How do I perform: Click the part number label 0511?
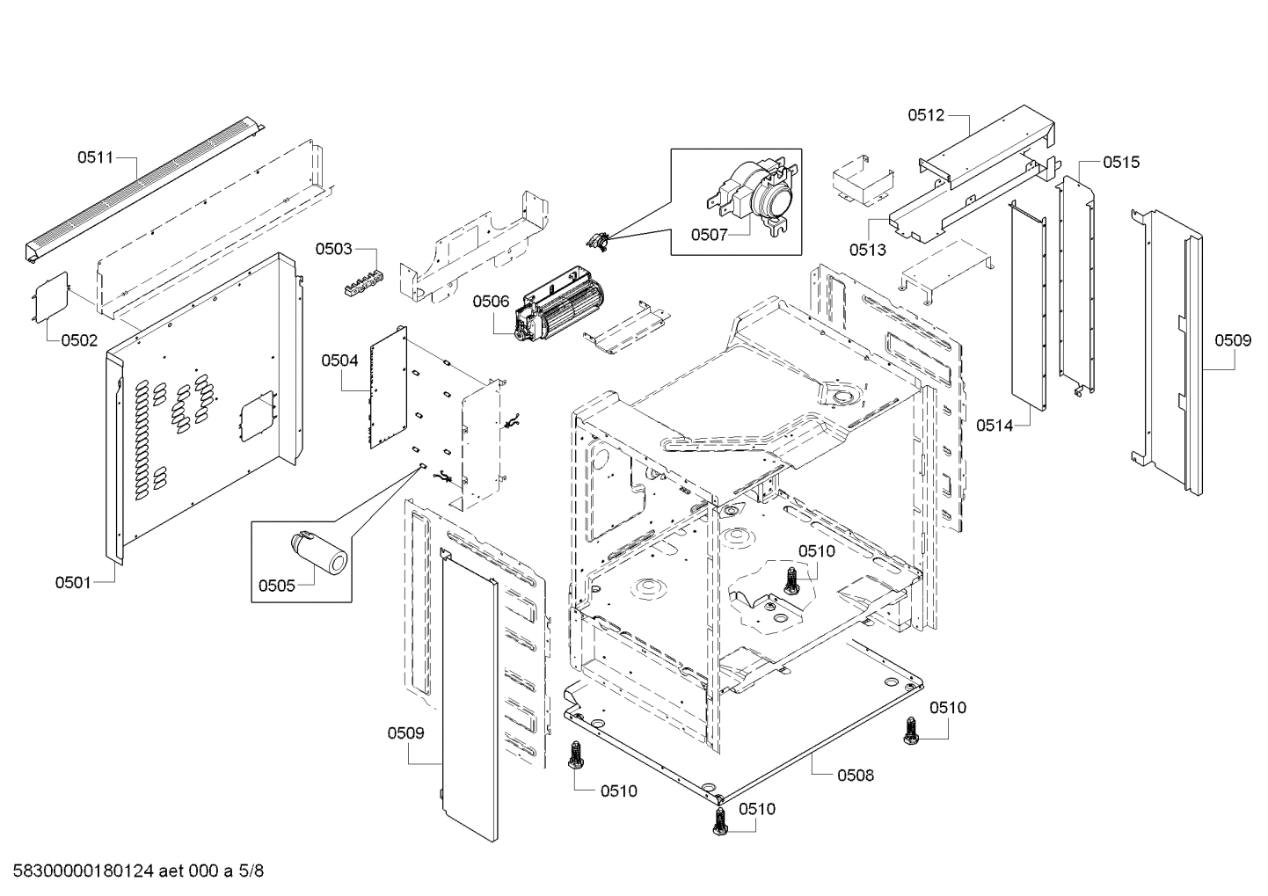tap(95, 158)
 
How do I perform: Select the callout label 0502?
tap(79, 340)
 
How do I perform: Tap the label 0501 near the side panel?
tap(73, 581)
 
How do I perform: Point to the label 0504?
tap(339, 360)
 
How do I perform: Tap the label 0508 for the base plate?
tap(856, 775)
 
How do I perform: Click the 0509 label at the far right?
tap(1233, 340)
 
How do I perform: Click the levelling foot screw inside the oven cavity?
tap(791, 580)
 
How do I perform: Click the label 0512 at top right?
tap(925, 114)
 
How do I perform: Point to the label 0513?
tap(867, 249)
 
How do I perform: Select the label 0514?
tap(994, 426)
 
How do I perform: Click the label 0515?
tap(1121, 162)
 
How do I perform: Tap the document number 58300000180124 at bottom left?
tap(84, 871)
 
